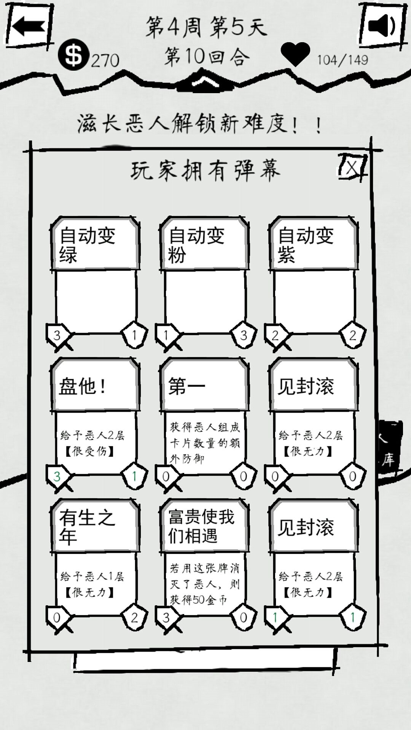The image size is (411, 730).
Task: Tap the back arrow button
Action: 27,27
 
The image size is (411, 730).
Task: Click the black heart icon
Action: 295,54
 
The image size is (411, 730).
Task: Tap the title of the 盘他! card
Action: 82,387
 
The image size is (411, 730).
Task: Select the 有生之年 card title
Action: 87,527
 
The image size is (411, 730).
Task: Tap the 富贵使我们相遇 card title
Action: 201,527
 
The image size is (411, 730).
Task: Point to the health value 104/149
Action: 342,60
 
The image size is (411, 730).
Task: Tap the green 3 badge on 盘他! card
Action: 57,476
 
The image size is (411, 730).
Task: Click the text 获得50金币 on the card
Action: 198,600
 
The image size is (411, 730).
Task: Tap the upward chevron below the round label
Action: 205,81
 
